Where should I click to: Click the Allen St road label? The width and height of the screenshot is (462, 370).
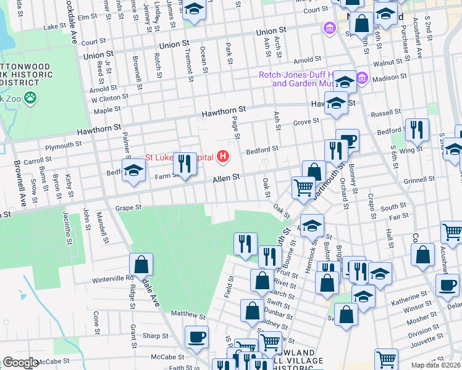(226, 178)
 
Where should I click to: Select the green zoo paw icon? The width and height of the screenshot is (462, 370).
(29, 97)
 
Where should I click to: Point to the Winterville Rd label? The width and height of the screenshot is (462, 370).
(112, 278)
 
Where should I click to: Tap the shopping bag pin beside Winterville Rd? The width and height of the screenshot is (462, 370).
(141, 265)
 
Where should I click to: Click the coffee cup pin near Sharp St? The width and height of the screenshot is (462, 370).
(196, 337)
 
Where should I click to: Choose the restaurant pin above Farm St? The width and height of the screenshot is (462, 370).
(184, 163)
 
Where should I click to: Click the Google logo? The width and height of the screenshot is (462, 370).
(20, 363)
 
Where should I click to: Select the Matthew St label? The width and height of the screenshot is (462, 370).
(188, 315)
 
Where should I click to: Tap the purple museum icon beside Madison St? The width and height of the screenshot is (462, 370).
(362, 78)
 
